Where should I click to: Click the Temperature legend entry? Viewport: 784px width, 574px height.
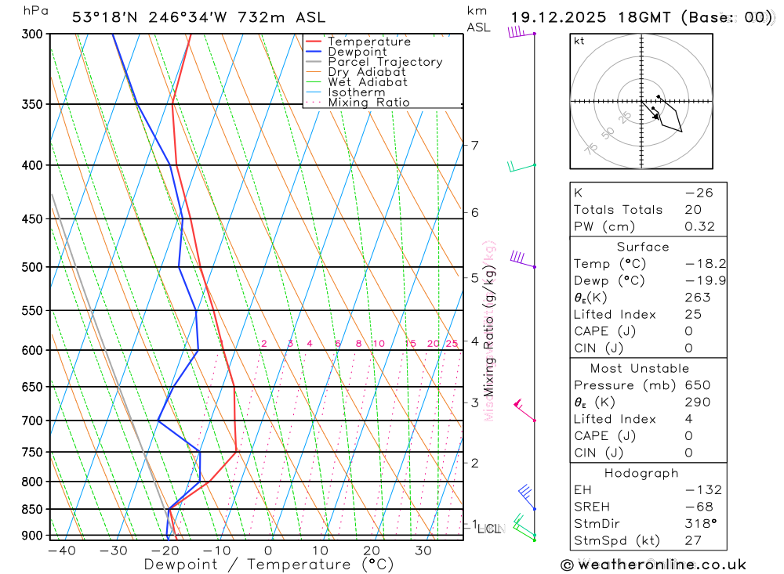tap(368, 42)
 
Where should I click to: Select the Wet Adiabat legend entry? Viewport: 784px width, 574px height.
tap(367, 81)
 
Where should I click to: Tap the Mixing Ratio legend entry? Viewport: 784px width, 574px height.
tap(368, 102)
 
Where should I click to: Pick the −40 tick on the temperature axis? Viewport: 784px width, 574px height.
tap(61, 551)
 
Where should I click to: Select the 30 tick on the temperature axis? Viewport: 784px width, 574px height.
tap(423, 551)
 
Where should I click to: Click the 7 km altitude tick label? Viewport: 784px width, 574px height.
tap(474, 145)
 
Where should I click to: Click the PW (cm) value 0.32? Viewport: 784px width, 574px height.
tap(700, 227)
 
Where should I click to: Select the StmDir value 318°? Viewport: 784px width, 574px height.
tap(698, 525)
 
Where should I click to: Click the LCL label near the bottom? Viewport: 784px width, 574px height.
tap(489, 529)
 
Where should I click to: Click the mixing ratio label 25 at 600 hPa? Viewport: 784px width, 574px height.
tap(452, 344)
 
